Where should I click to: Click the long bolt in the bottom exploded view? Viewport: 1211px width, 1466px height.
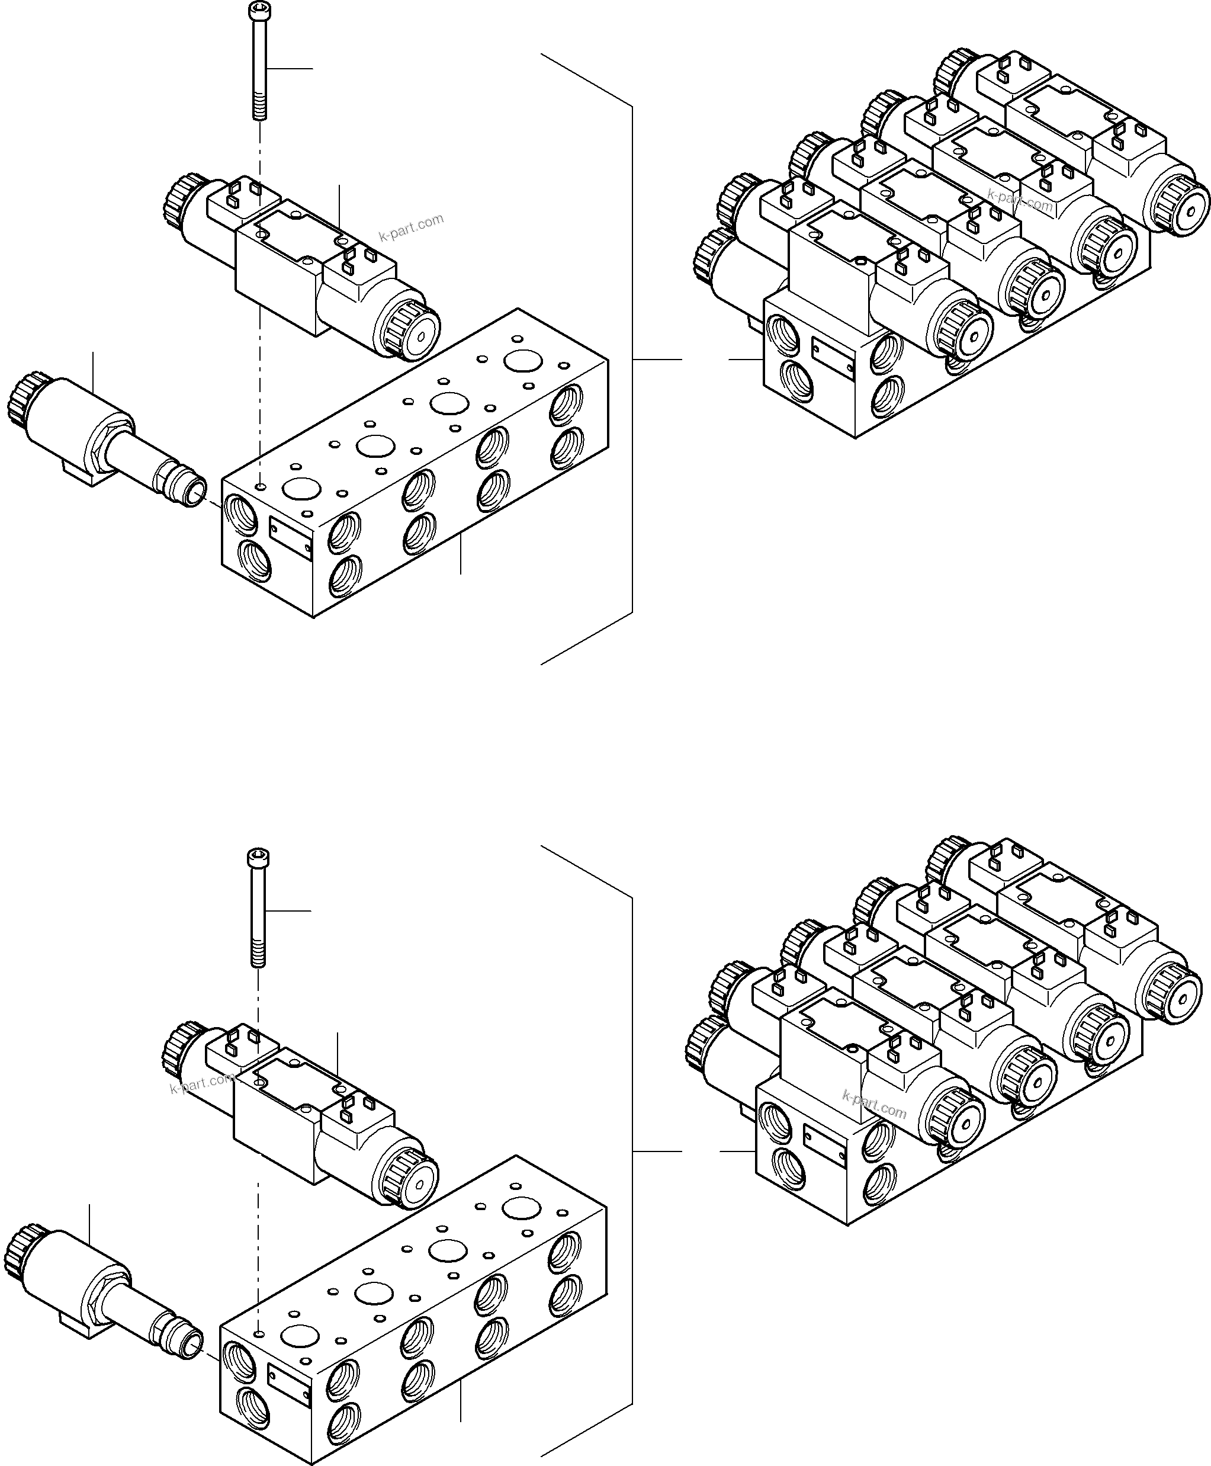(258, 907)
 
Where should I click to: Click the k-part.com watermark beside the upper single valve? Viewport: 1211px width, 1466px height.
(412, 227)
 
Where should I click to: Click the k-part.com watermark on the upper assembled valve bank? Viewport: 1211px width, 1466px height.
(1020, 200)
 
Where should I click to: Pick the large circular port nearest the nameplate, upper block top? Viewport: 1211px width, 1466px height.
(301, 489)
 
